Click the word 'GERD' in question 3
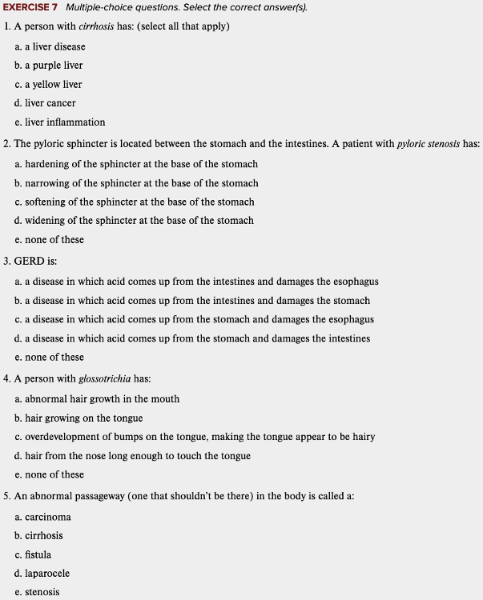tap(30, 262)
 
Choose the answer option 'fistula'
tap(38, 554)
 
